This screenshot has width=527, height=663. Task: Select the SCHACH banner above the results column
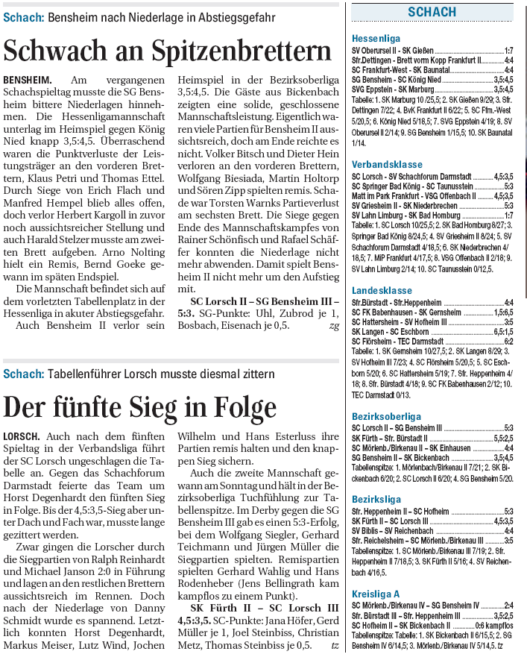[x=432, y=12]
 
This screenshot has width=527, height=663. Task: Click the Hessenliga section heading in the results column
[x=376, y=38]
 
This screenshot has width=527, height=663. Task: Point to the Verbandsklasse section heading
[x=387, y=164]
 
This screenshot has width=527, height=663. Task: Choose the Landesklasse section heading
[x=382, y=290]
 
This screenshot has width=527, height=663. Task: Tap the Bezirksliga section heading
[x=376, y=499]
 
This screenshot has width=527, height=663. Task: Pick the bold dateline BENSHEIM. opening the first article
[x=28, y=79]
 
